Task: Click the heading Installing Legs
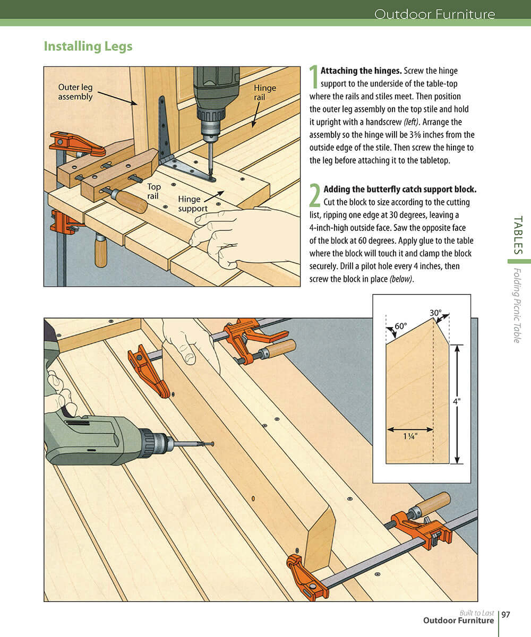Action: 88,46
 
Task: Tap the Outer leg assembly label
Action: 75,92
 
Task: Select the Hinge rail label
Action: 264,92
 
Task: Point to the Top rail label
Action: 153,191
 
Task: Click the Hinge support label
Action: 193,204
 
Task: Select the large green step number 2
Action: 314,195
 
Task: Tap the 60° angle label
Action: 400,325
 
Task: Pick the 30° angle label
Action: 435,313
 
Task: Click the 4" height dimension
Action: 457,402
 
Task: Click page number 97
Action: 506,615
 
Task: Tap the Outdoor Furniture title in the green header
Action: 434,14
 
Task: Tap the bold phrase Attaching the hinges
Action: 361,71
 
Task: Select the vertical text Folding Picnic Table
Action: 517,305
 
